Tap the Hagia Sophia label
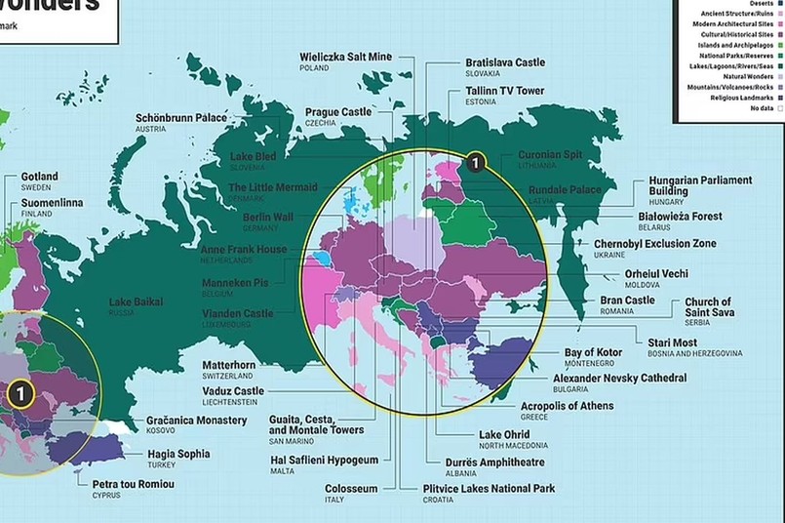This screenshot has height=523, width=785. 178,454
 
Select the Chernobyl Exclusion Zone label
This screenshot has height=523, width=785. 654,244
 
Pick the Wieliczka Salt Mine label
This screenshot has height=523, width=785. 345,58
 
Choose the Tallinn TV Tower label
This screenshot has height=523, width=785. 504,91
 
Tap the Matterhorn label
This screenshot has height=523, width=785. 229,365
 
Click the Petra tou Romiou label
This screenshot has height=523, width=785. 134,484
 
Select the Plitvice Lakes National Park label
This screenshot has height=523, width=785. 489,488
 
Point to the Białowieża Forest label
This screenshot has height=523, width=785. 681,216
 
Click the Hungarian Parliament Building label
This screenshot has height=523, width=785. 700,186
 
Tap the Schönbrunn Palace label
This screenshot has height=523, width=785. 181,118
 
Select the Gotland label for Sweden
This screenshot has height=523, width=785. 40,177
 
